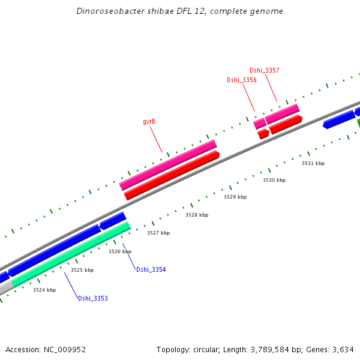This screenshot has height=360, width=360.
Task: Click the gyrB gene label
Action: pyautogui.click(x=149, y=121)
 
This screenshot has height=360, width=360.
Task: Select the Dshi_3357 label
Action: pyautogui.click(x=264, y=70)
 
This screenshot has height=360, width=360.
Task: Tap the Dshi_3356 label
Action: pyautogui.click(x=242, y=80)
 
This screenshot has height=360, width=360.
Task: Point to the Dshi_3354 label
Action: pyautogui.click(x=151, y=270)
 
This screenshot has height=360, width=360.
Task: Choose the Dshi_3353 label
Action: pyautogui.click(x=93, y=298)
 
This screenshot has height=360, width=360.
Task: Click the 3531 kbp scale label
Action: pyautogui.click(x=313, y=163)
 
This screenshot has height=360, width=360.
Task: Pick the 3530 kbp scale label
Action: pyautogui.click(x=274, y=180)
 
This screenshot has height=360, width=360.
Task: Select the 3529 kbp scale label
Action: pyautogui.click(x=235, y=197)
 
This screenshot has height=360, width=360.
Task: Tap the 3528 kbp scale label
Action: pyautogui.click(x=197, y=215)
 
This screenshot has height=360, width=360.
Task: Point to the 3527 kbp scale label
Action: pyautogui.click(x=158, y=233)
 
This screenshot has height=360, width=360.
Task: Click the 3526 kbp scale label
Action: pyautogui.click(x=120, y=252)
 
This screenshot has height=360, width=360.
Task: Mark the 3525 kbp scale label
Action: pyautogui.click(x=82, y=271)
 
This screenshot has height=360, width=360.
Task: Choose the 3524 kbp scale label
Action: pyautogui.click(x=44, y=290)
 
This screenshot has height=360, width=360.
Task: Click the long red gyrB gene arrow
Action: pyautogui.click(x=172, y=175)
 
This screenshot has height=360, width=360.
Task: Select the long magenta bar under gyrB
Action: pyautogui.click(x=168, y=164)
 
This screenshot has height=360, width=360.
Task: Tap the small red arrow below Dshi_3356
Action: pyautogui.click(x=263, y=134)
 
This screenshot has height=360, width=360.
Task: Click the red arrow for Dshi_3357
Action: pyautogui.click(x=286, y=124)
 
